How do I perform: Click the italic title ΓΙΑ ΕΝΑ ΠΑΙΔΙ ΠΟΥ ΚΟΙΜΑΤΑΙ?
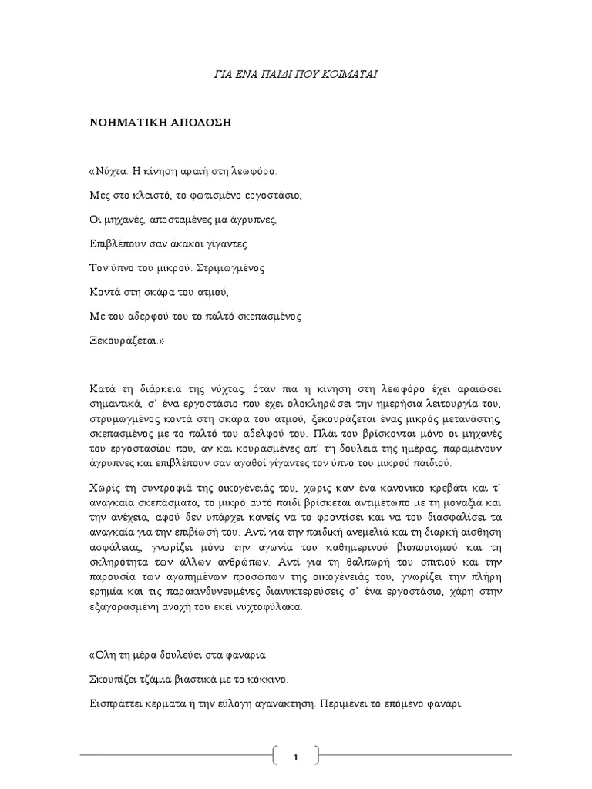click(x=296, y=74)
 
